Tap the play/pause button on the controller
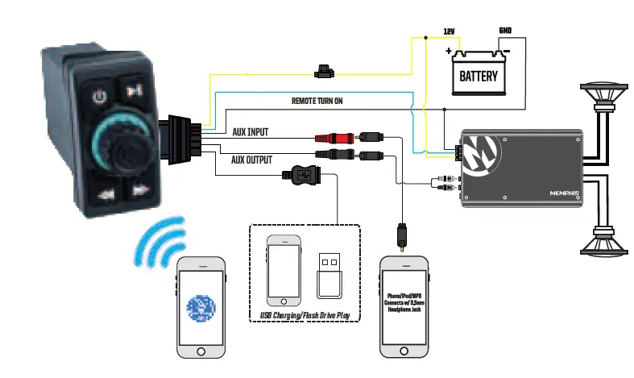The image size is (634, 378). coord(136,89)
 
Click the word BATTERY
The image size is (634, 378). coord(478,78)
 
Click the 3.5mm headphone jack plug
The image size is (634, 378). coord(400,236)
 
